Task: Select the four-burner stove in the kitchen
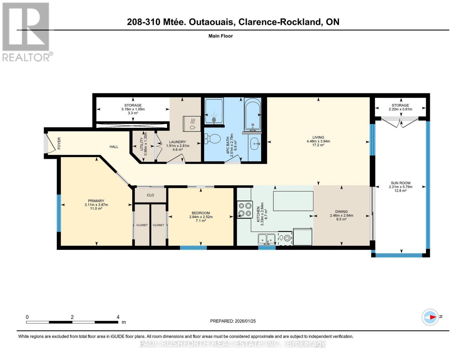[x=245, y=209]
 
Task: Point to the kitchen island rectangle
[x=293, y=201]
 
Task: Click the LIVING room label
[x=318, y=137]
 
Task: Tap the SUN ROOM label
[x=400, y=183]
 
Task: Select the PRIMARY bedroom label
[x=96, y=201]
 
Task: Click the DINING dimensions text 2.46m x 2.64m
[x=341, y=215]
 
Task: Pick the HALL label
[x=114, y=147]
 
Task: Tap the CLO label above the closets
[x=150, y=195]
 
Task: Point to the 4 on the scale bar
[x=118, y=317]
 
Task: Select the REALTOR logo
[x=26, y=31]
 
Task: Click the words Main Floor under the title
[x=221, y=36]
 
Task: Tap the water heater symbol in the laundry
[x=192, y=124]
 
